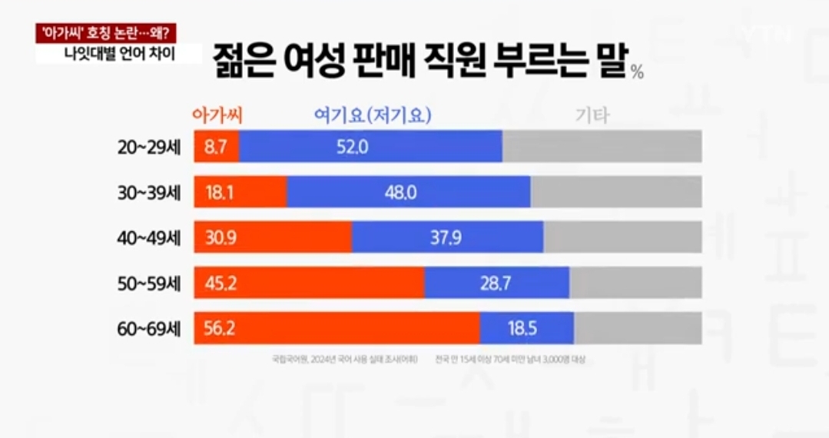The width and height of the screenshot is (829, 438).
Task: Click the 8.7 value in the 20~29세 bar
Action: pyautogui.click(x=213, y=146)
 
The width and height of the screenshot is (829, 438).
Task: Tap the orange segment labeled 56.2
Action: pyautogui.click(x=337, y=329)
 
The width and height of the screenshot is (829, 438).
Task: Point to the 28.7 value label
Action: pyautogui.click(x=496, y=283)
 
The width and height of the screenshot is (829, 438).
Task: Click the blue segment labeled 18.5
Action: pyautogui.click(x=527, y=329)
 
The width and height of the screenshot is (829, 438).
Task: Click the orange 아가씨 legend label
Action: pyautogui.click(x=216, y=116)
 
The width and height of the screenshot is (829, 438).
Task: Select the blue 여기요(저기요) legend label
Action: pyautogui.click(x=373, y=116)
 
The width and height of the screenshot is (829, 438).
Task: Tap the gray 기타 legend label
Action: pyautogui.click(x=592, y=117)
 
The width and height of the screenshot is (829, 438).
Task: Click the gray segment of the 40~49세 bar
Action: pyautogui.click(x=622, y=237)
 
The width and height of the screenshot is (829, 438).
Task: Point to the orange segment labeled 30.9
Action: pyautogui.click(x=274, y=237)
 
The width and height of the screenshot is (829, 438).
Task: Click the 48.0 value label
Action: pyautogui.click(x=400, y=192)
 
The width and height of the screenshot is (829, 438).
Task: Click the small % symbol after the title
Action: pyautogui.click(x=637, y=73)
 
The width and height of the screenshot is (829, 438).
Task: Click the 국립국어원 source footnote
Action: pyautogui.click(x=344, y=359)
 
